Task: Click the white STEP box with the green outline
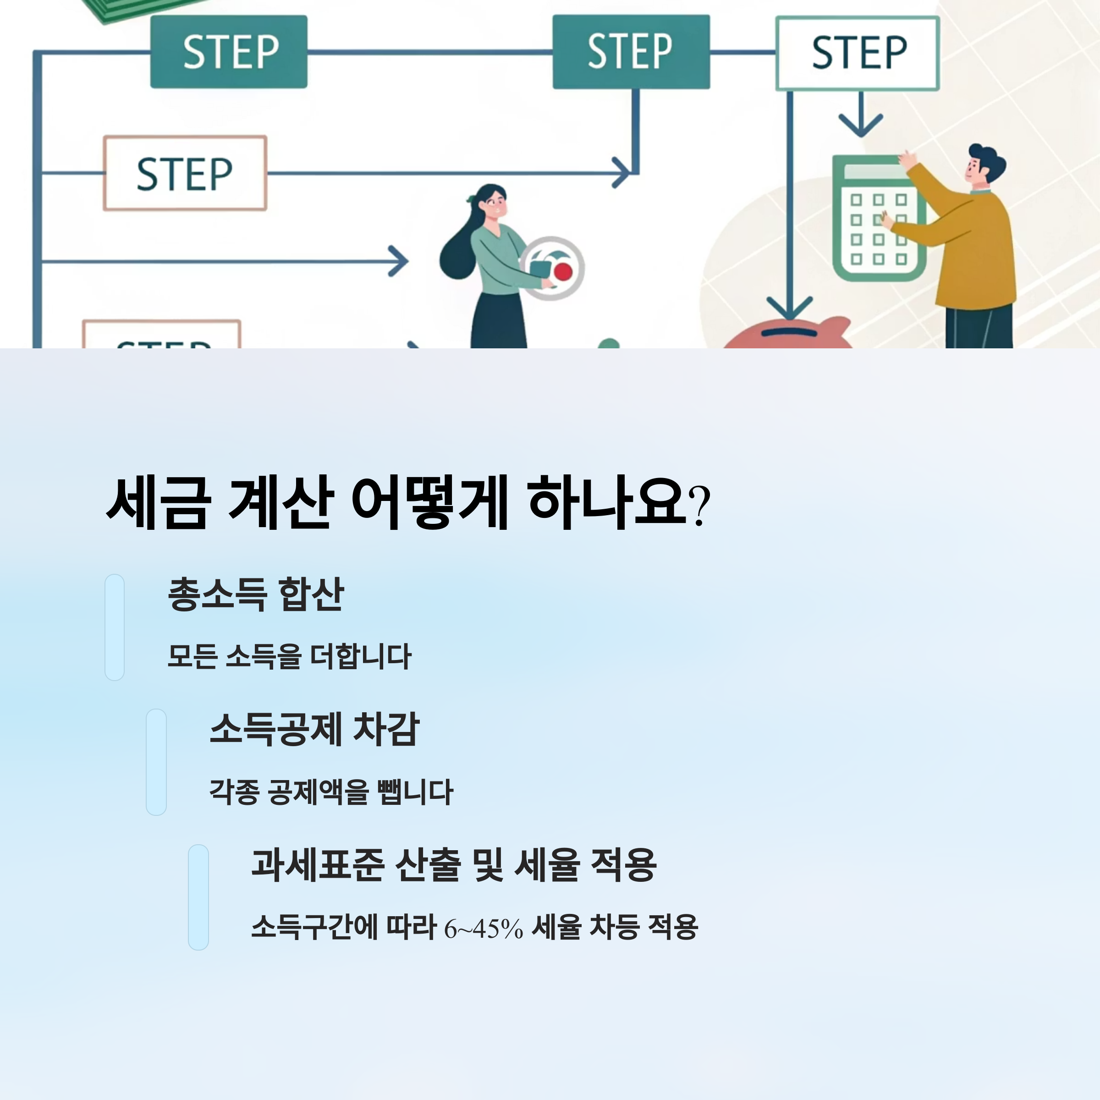[x=857, y=53]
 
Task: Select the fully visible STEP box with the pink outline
[x=185, y=173]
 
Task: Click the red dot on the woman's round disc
[x=563, y=272]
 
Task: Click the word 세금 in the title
[x=158, y=503]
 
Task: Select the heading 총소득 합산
[x=256, y=594]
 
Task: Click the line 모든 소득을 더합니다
[x=289, y=656]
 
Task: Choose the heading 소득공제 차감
[x=314, y=729]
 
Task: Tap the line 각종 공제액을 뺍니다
[x=331, y=792]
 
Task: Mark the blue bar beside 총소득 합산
[x=115, y=627]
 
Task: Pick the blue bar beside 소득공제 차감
[x=156, y=762]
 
